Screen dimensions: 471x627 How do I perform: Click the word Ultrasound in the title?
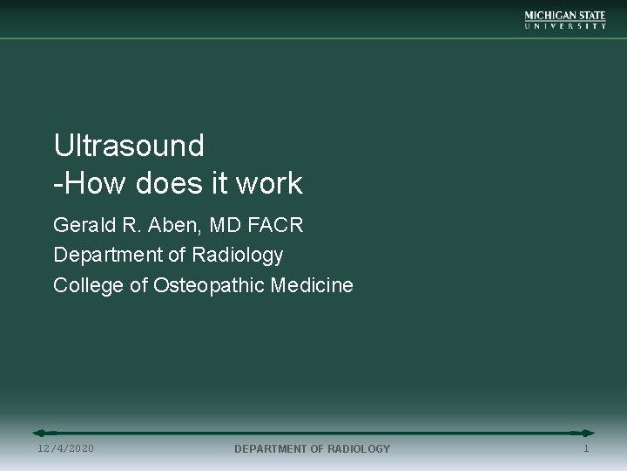point(129,145)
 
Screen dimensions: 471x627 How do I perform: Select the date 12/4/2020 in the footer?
point(66,448)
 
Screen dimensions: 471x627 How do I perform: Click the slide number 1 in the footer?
point(586,448)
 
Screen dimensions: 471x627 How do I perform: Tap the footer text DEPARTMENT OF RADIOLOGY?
point(313,448)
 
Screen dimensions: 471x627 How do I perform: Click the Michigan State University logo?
point(565,20)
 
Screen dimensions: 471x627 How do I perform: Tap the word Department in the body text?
point(104,256)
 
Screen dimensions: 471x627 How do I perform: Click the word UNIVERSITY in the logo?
point(565,26)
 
